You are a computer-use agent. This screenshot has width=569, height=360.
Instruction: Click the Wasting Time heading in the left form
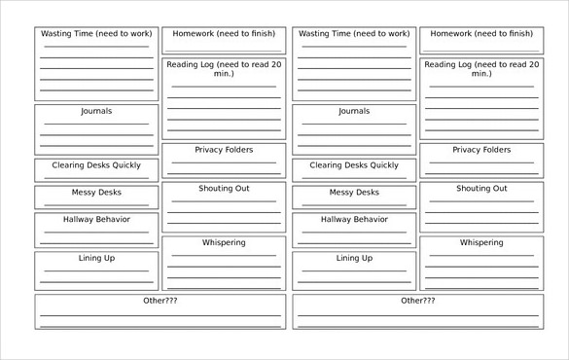(95, 33)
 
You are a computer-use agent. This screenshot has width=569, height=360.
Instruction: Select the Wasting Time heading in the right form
(353, 33)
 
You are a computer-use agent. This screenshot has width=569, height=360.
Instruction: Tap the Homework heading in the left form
(224, 33)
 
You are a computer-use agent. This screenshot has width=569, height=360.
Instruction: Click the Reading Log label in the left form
(224, 68)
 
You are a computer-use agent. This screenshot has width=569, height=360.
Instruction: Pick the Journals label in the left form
(95, 111)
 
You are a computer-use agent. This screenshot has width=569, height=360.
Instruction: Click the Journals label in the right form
(353, 111)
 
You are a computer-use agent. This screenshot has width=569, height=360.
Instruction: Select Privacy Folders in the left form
(224, 150)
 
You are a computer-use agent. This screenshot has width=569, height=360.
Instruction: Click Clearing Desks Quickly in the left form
(95, 165)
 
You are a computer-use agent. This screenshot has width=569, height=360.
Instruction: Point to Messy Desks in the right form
(353, 193)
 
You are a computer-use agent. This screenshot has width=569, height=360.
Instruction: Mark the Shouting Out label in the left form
(224, 189)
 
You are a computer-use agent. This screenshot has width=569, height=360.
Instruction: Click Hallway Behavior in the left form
(95, 219)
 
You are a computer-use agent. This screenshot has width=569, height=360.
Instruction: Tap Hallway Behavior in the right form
(353, 219)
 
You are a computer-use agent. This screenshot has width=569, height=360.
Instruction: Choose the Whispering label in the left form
(224, 242)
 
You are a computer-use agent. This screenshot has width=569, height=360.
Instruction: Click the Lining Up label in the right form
(353, 258)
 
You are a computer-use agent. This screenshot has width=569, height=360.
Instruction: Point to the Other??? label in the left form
(160, 301)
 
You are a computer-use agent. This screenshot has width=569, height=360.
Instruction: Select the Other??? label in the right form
(418, 301)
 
